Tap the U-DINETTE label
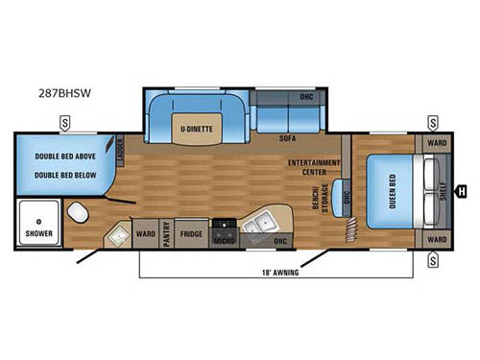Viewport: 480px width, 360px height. pos(193,127)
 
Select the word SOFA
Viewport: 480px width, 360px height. pos(286,139)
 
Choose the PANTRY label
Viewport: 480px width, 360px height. pos(166,234)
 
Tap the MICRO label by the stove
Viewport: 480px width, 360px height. pos(224,240)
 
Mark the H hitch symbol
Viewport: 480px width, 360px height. pos(463,190)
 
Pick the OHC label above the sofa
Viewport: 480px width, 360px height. pos(306,98)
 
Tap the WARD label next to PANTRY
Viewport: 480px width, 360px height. pos(146,233)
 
